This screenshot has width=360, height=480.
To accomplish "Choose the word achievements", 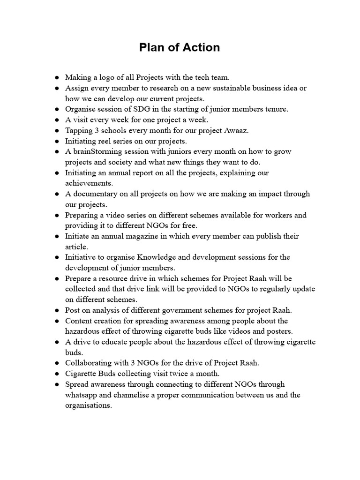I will coord(89,183).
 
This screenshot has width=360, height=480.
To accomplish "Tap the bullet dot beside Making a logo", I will coord(57,77).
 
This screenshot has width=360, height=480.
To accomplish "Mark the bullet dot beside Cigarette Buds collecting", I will coord(57,374).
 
